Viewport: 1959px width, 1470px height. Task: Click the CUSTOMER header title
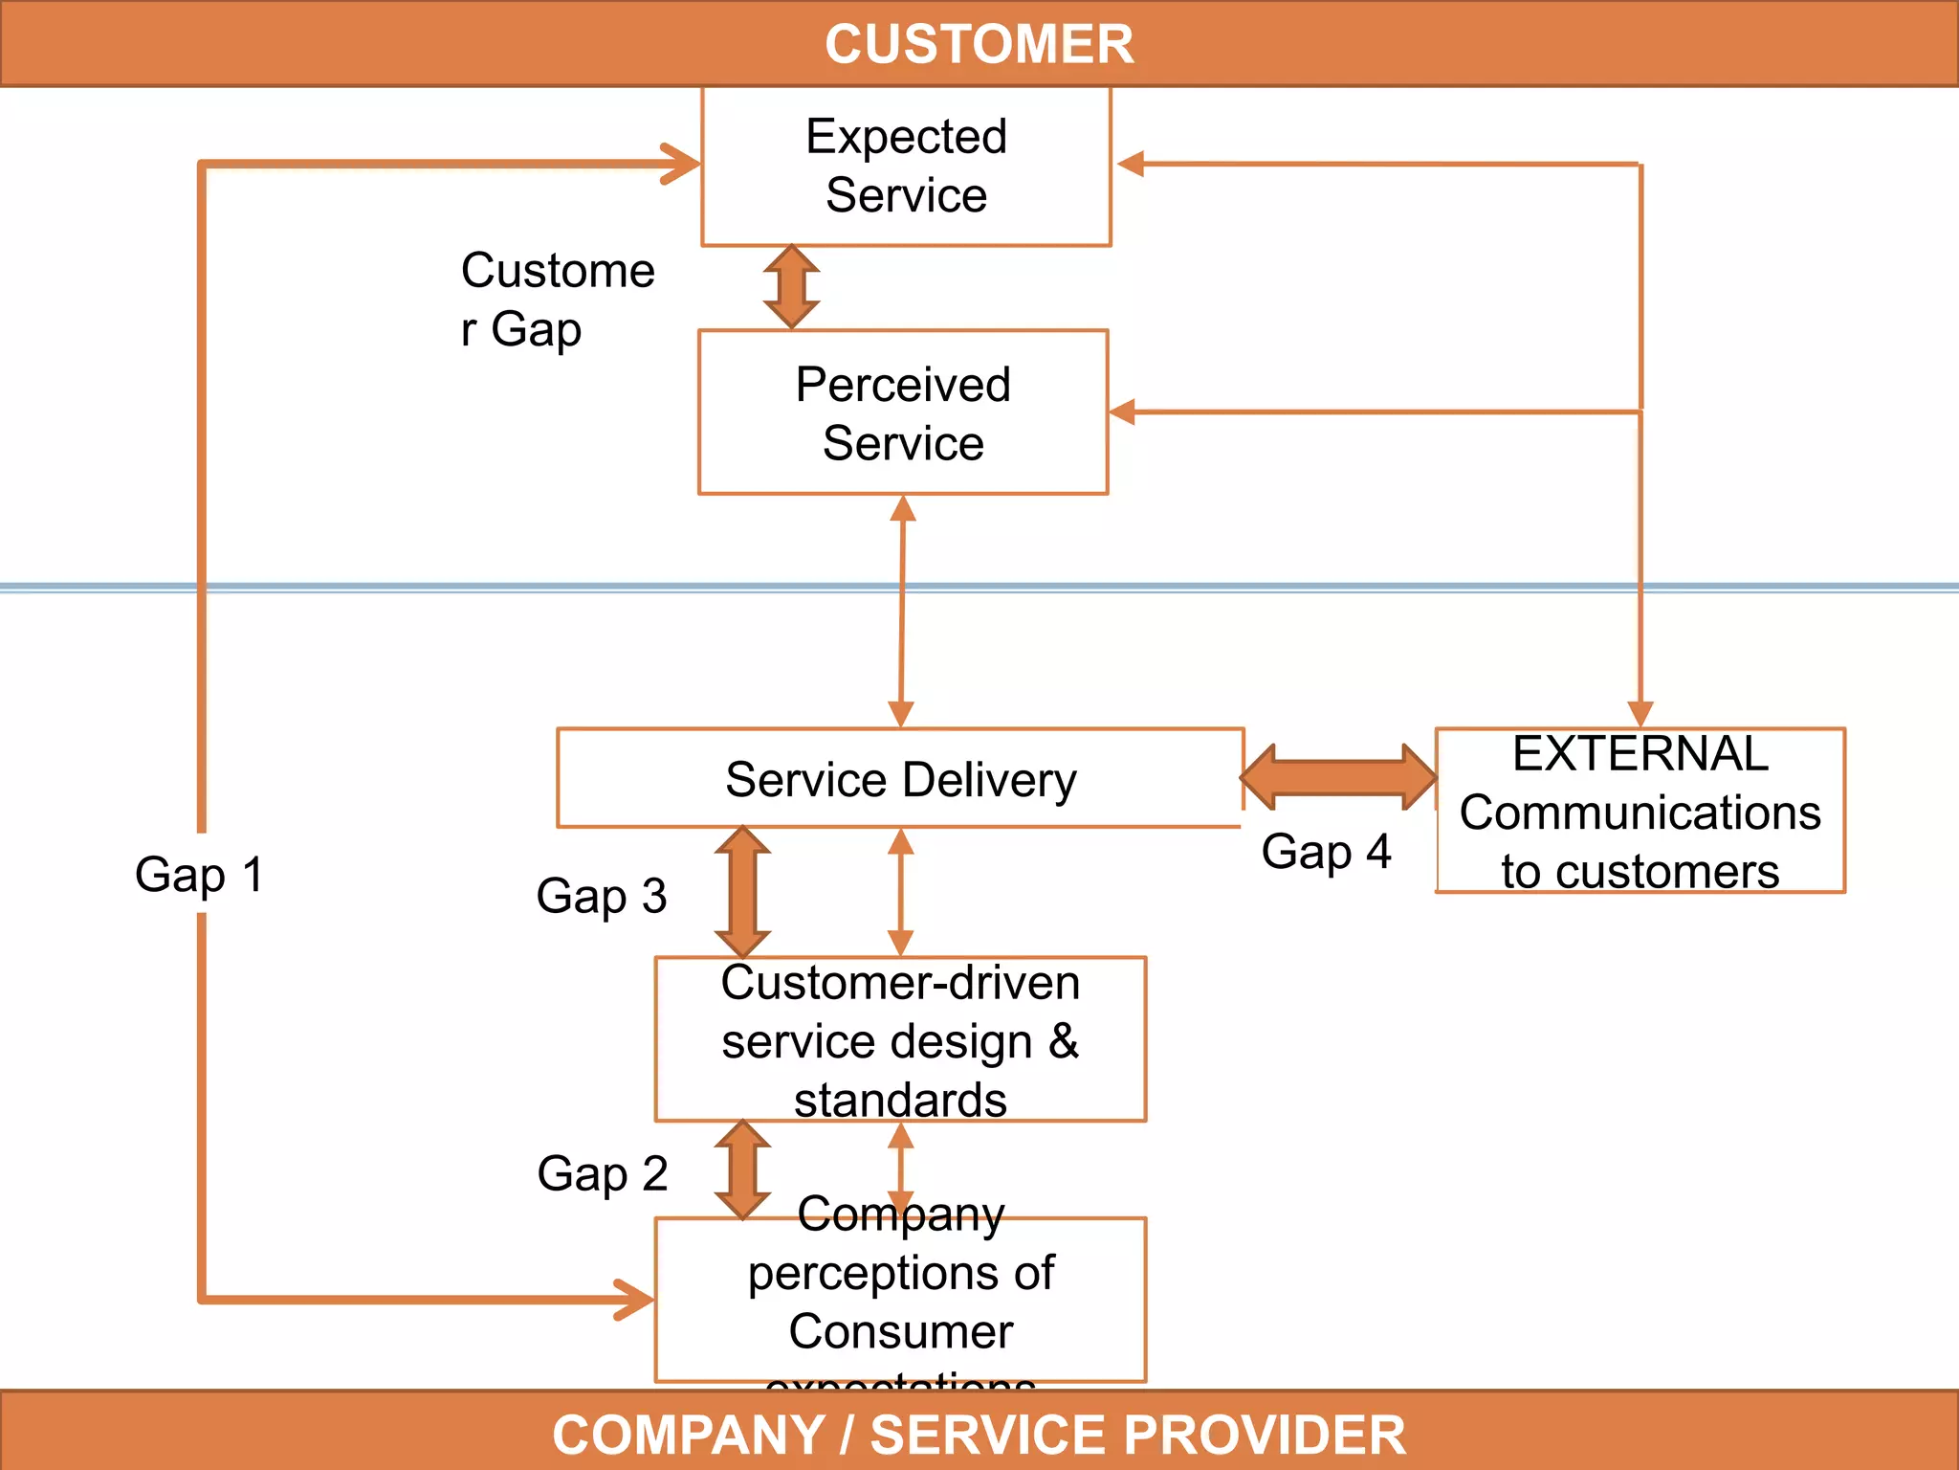[x=979, y=44]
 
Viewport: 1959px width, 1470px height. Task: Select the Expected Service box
[x=906, y=166]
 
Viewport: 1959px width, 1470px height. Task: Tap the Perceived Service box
[x=903, y=413]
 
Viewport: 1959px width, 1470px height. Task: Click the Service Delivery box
[x=900, y=779]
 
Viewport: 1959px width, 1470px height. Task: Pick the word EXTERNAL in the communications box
[x=1640, y=754]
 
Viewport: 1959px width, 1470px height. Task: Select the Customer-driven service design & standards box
[x=900, y=1040]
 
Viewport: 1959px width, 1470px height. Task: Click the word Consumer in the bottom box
[x=900, y=1331]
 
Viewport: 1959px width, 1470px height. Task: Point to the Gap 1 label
[x=199, y=875]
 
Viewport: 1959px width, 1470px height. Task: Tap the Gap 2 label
[x=602, y=1173]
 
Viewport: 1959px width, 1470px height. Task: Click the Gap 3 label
[x=601, y=896]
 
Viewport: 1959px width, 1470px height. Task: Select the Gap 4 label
[x=1326, y=851]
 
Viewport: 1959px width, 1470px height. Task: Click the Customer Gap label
[x=557, y=300]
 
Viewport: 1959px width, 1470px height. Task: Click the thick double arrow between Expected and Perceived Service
[x=791, y=287]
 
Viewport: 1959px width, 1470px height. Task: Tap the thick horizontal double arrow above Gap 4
[x=1338, y=777]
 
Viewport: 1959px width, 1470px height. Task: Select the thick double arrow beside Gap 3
[x=743, y=892]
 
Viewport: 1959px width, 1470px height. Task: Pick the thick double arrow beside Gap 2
[x=743, y=1169]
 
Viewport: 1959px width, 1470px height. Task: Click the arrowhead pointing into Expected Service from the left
[x=681, y=164]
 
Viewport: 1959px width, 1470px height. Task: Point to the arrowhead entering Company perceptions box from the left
[x=635, y=1300]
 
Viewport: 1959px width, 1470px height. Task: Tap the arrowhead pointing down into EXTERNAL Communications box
[x=1640, y=714]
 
